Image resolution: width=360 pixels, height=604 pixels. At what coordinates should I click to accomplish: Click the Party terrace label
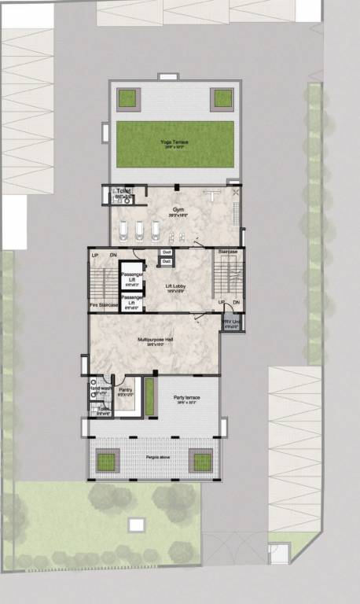point(187,398)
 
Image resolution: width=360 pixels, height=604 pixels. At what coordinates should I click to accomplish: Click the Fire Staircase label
point(103,304)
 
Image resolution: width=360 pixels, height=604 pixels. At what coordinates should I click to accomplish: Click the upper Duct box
point(167,252)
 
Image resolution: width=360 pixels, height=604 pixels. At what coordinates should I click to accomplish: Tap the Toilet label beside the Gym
point(121,191)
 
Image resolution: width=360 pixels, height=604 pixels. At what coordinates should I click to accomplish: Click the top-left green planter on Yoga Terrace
point(127,98)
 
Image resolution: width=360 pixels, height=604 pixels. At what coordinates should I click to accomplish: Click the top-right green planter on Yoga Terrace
point(223,98)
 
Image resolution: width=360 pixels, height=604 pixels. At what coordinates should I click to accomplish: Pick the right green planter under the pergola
point(203,459)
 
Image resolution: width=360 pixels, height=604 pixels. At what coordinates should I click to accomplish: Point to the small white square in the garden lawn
point(137,524)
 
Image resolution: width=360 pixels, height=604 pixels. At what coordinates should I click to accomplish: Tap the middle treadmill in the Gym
point(140,229)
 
